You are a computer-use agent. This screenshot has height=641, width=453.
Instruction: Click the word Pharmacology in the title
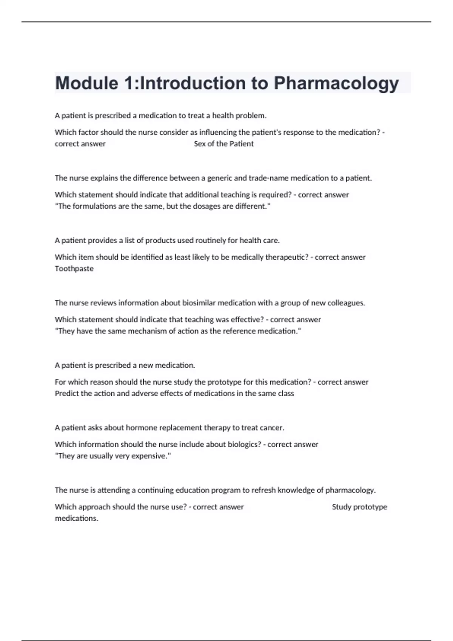pos(336,83)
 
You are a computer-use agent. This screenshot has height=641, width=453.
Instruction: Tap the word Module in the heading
pos(86,83)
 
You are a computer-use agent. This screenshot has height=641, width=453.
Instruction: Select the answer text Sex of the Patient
pos(223,144)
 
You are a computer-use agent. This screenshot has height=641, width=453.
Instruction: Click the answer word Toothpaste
pos(74,269)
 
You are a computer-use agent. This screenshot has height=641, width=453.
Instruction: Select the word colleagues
pos(346,303)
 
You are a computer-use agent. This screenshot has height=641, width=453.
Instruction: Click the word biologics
pos(243,445)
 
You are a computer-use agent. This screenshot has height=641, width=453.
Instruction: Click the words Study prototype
pos(359,507)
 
